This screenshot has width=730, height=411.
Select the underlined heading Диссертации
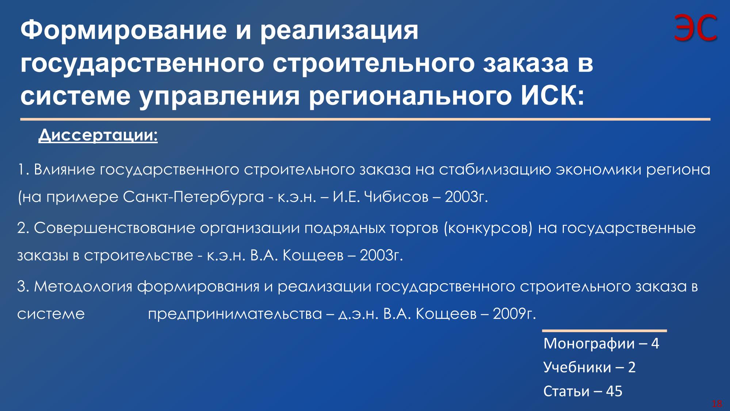[x=98, y=136]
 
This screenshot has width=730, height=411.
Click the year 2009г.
[x=514, y=314]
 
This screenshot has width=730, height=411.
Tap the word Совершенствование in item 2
[x=114, y=228]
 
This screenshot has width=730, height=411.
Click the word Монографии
[x=589, y=344]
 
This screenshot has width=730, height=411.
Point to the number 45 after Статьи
[x=614, y=391]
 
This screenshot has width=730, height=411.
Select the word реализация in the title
[x=339, y=31]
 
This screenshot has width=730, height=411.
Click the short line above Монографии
[x=604, y=331]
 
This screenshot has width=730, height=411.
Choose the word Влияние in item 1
[x=65, y=170]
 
